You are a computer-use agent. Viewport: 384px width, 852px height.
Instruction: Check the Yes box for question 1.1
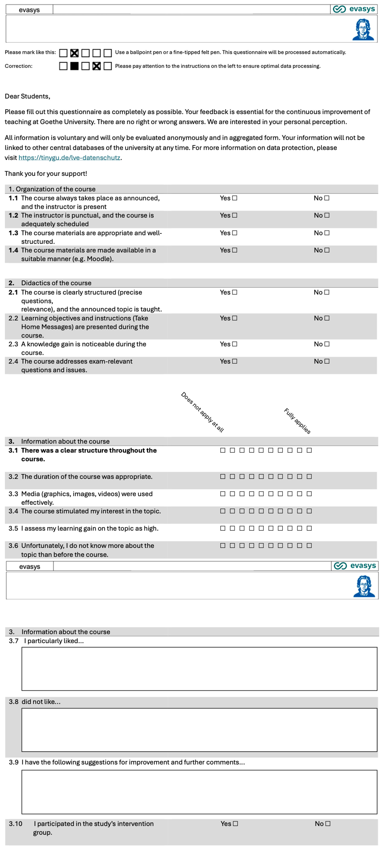(x=235, y=198)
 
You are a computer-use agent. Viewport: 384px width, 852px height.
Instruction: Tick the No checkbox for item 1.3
(x=327, y=233)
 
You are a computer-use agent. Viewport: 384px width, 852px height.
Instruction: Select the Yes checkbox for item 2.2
(x=235, y=318)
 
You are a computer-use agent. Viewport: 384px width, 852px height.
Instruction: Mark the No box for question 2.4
(x=327, y=361)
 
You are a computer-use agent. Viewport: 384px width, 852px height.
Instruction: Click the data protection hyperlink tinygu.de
(x=69, y=158)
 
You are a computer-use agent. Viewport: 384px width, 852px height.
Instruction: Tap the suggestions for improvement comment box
(x=199, y=792)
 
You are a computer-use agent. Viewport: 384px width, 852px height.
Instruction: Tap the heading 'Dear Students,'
(x=27, y=96)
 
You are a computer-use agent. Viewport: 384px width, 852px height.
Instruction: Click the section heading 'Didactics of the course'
(x=56, y=283)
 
